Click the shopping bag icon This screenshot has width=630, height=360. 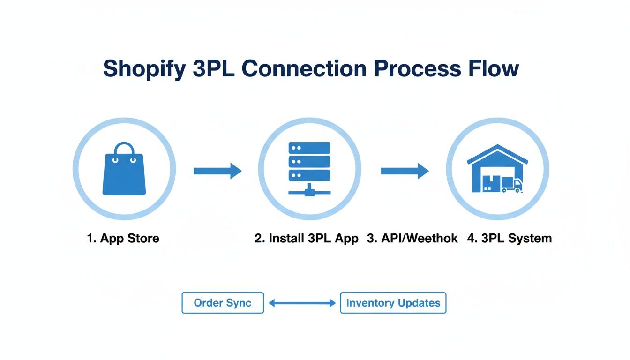point(124,171)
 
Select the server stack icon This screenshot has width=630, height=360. point(309,166)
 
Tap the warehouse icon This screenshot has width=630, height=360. point(497,169)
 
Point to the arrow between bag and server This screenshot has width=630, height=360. point(217,171)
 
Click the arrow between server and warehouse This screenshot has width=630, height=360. point(405,171)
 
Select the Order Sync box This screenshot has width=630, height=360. point(223,303)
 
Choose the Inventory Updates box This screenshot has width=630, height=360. point(393,303)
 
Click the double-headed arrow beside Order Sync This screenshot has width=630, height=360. point(302,303)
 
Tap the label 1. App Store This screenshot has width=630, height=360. point(123,238)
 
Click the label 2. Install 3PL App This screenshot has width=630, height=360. point(307,238)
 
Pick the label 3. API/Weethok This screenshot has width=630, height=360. point(412,238)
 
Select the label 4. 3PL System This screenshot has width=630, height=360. point(510,238)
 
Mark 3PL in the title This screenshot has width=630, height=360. point(214,68)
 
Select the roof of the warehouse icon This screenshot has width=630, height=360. point(497,152)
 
